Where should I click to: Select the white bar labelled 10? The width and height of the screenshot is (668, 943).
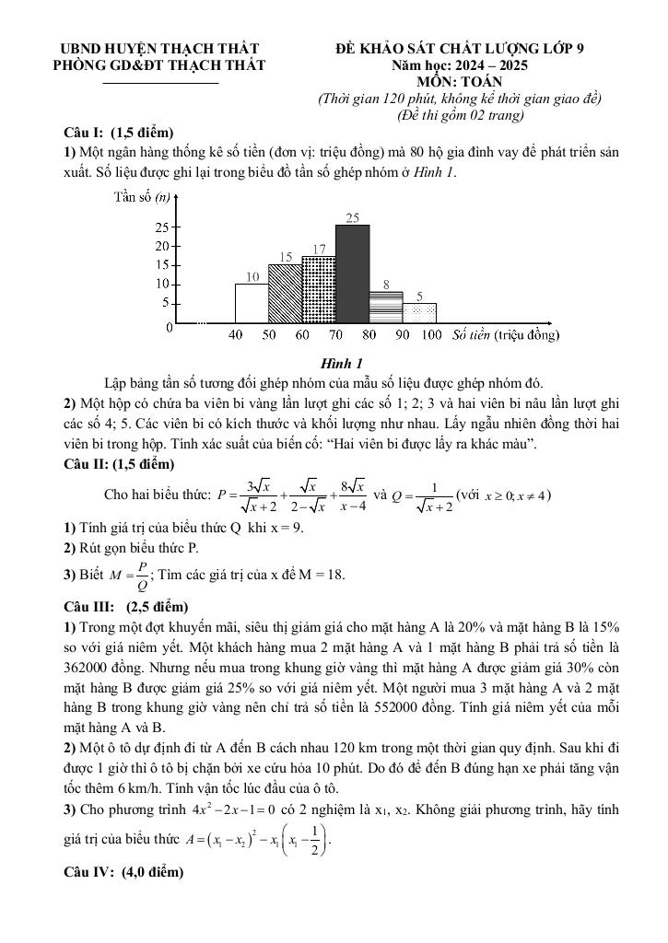pyautogui.click(x=252, y=303)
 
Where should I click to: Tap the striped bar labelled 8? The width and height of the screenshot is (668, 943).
pyautogui.click(x=385, y=307)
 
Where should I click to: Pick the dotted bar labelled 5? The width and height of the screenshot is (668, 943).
pyautogui.click(x=419, y=313)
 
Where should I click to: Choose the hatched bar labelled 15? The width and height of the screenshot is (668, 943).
pyautogui.click(x=285, y=294)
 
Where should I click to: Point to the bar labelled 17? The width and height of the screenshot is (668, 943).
pyautogui.click(x=318, y=290)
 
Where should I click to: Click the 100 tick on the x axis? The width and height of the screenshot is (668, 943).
pyautogui.click(x=431, y=335)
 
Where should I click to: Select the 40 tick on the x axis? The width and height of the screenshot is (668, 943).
pyautogui.click(x=236, y=335)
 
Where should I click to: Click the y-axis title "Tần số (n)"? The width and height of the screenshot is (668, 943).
pyautogui.click(x=140, y=196)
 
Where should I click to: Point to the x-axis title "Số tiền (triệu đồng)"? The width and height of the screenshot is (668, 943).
pyautogui.click(x=506, y=335)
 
